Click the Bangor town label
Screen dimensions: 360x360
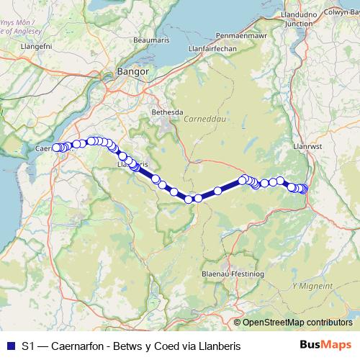tap(133, 72)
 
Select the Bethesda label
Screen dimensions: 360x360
tap(167, 113)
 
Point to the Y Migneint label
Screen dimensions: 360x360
tap(312, 286)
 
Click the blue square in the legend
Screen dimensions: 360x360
tap(10, 346)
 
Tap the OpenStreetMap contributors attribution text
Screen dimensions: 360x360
tap(297, 322)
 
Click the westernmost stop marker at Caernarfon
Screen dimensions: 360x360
tap(57, 148)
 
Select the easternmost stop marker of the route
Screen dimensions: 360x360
tap(304, 189)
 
